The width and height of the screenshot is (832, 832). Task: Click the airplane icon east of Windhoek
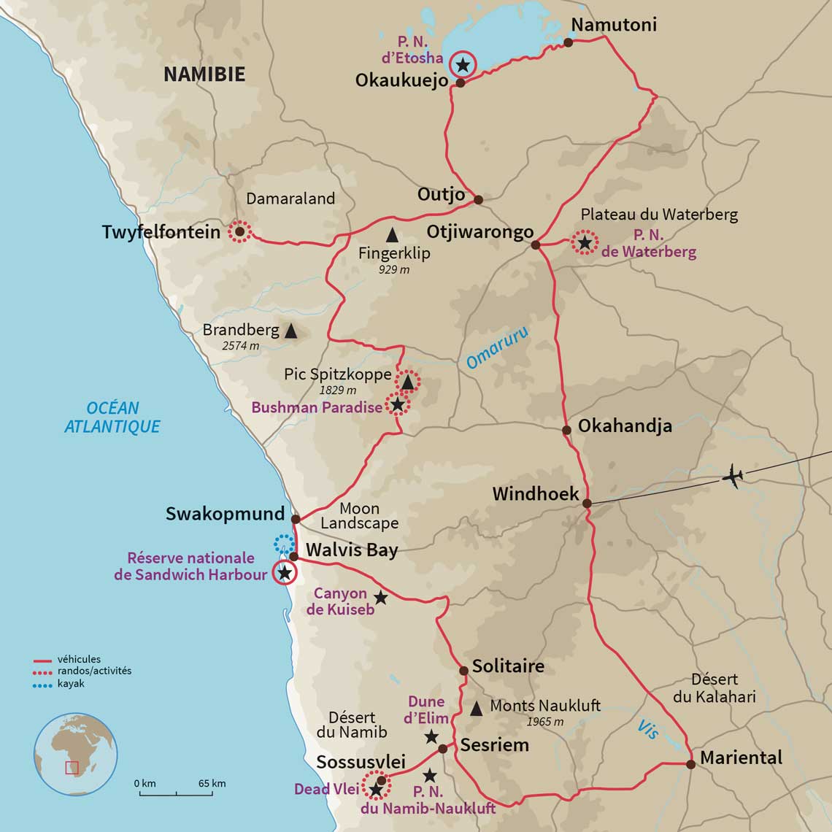pyautogui.click(x=732, y=477)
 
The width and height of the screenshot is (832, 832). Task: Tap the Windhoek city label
pyautogui.click(x=535, y=494)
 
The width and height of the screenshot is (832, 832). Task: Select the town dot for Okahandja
pyautogui.click(x=566, y=430)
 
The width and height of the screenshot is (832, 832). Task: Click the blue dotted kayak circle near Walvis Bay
pyautogui.click(x=284, y=543)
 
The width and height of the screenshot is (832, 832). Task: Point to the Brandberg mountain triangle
pyautogui.click(x=290, y=331)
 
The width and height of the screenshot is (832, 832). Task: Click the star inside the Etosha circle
pyautogui.click(x=462, y=65)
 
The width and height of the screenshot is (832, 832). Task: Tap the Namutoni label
pyautogui.click(x=613, y=25)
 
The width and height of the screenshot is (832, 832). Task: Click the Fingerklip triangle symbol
pyautogui.click(x=392, y=235)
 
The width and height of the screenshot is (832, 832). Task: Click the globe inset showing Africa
pyautogui.click(x=75, y=754)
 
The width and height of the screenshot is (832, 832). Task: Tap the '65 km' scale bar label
pyautogui.click(x=212, y=783)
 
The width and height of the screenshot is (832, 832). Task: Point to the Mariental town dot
pyautogui.click(x=690, y=764)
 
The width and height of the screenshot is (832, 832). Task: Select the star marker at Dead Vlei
pyautogui.click(x=376, y=789)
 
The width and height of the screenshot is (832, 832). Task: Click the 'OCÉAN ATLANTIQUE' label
pyautogui.click(x=112, y=417)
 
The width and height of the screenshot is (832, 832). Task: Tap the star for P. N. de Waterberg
pyautogui.click(x=584, y=241)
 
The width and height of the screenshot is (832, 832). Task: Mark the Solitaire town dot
pyautogui.click(x=463, y=670)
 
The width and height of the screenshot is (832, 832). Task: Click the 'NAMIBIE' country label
pyautogui.click(x=204, y=74)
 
